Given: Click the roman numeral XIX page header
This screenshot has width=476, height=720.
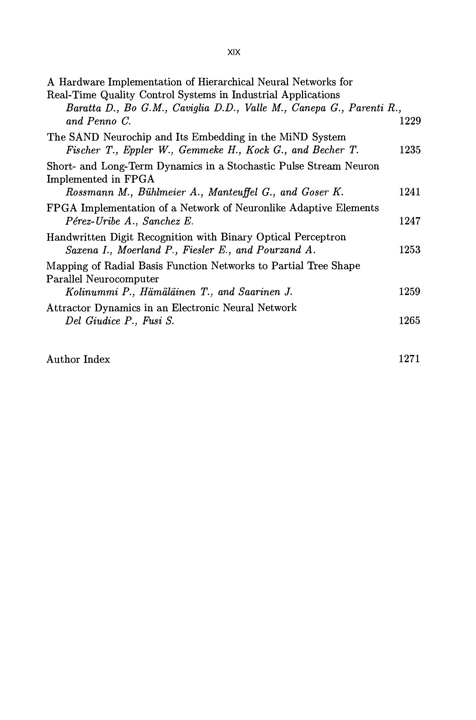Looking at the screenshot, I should pyautogui.click(x=234, y=52).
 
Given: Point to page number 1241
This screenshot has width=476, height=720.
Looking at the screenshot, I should pyautogui.click(x=410, y=192).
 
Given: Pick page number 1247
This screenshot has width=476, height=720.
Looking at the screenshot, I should pyautogui.click(x=410, y=221).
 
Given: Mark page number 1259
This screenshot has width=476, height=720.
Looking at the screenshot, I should pyautogui.click(x=409, y=291).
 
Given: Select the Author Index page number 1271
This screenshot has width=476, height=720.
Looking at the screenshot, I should pyautogui.click(x=409, y=359).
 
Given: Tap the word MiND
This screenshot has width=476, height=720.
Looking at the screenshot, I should pyautogui.click(x=294, y=137).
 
